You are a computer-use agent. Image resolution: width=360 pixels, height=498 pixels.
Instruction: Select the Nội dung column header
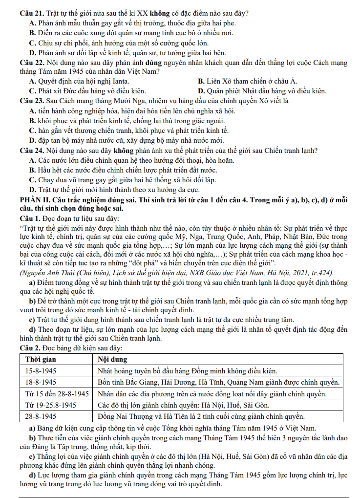(x=113, y=359)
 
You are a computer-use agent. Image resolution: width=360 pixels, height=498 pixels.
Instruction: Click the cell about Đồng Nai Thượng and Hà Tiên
(x=202, y=417)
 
